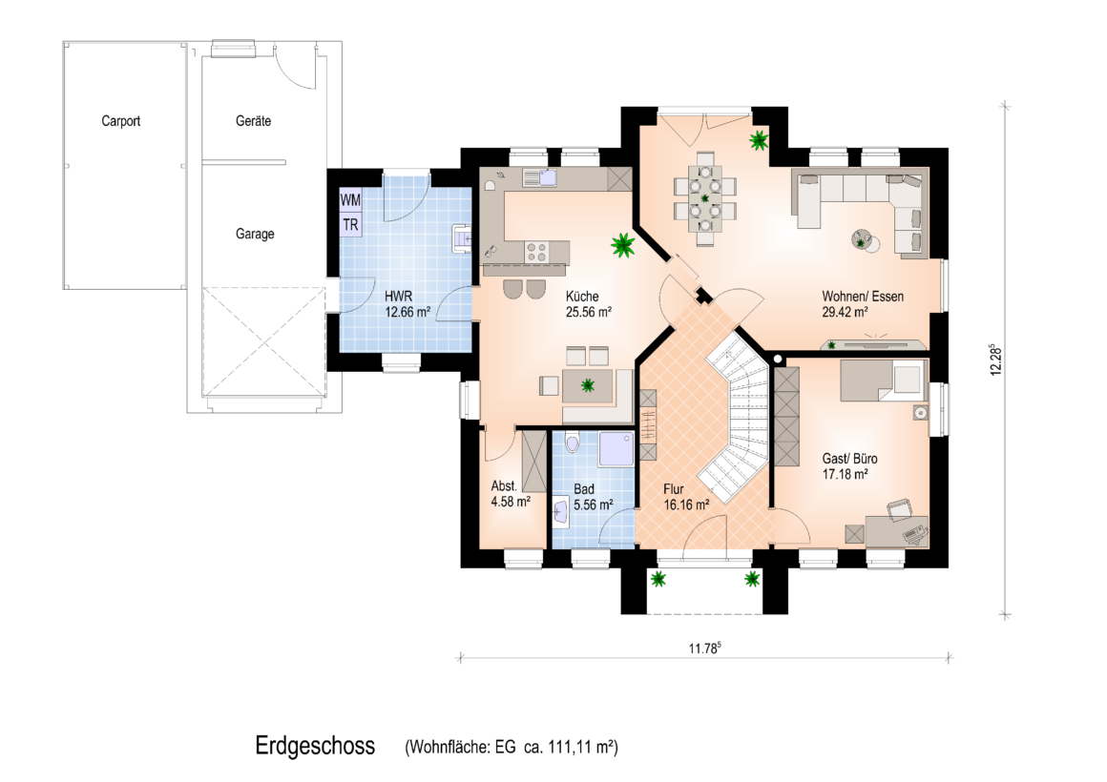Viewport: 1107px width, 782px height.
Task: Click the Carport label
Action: [121, 121]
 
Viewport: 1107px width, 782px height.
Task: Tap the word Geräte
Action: [254, 121]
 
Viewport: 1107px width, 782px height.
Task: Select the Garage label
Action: [255, 235]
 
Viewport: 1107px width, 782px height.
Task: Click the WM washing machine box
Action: [350, 200]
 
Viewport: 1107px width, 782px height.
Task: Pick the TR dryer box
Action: [350, 225]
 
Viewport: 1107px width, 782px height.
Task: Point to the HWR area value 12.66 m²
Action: [407, 312]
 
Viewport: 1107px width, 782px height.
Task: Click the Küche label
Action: [582, 297]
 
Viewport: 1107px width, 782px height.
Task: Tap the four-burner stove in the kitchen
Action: [537, 252]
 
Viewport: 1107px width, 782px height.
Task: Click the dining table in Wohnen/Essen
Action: [704, 199]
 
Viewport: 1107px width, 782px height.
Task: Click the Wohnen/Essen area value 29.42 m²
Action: [845, 312]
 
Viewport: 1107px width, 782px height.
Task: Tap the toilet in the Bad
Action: [572, 443]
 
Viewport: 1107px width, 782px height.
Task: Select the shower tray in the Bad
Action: [617, 449]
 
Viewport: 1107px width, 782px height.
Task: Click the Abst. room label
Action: [504, 486]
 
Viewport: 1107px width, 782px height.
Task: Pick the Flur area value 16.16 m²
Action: [686, 505]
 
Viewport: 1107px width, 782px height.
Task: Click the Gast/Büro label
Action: [850, 459]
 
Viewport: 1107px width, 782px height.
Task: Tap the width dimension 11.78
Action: [704, 648]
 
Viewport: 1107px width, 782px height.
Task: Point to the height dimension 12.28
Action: [995, 360]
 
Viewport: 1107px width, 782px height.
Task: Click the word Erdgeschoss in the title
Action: [315, 746]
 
